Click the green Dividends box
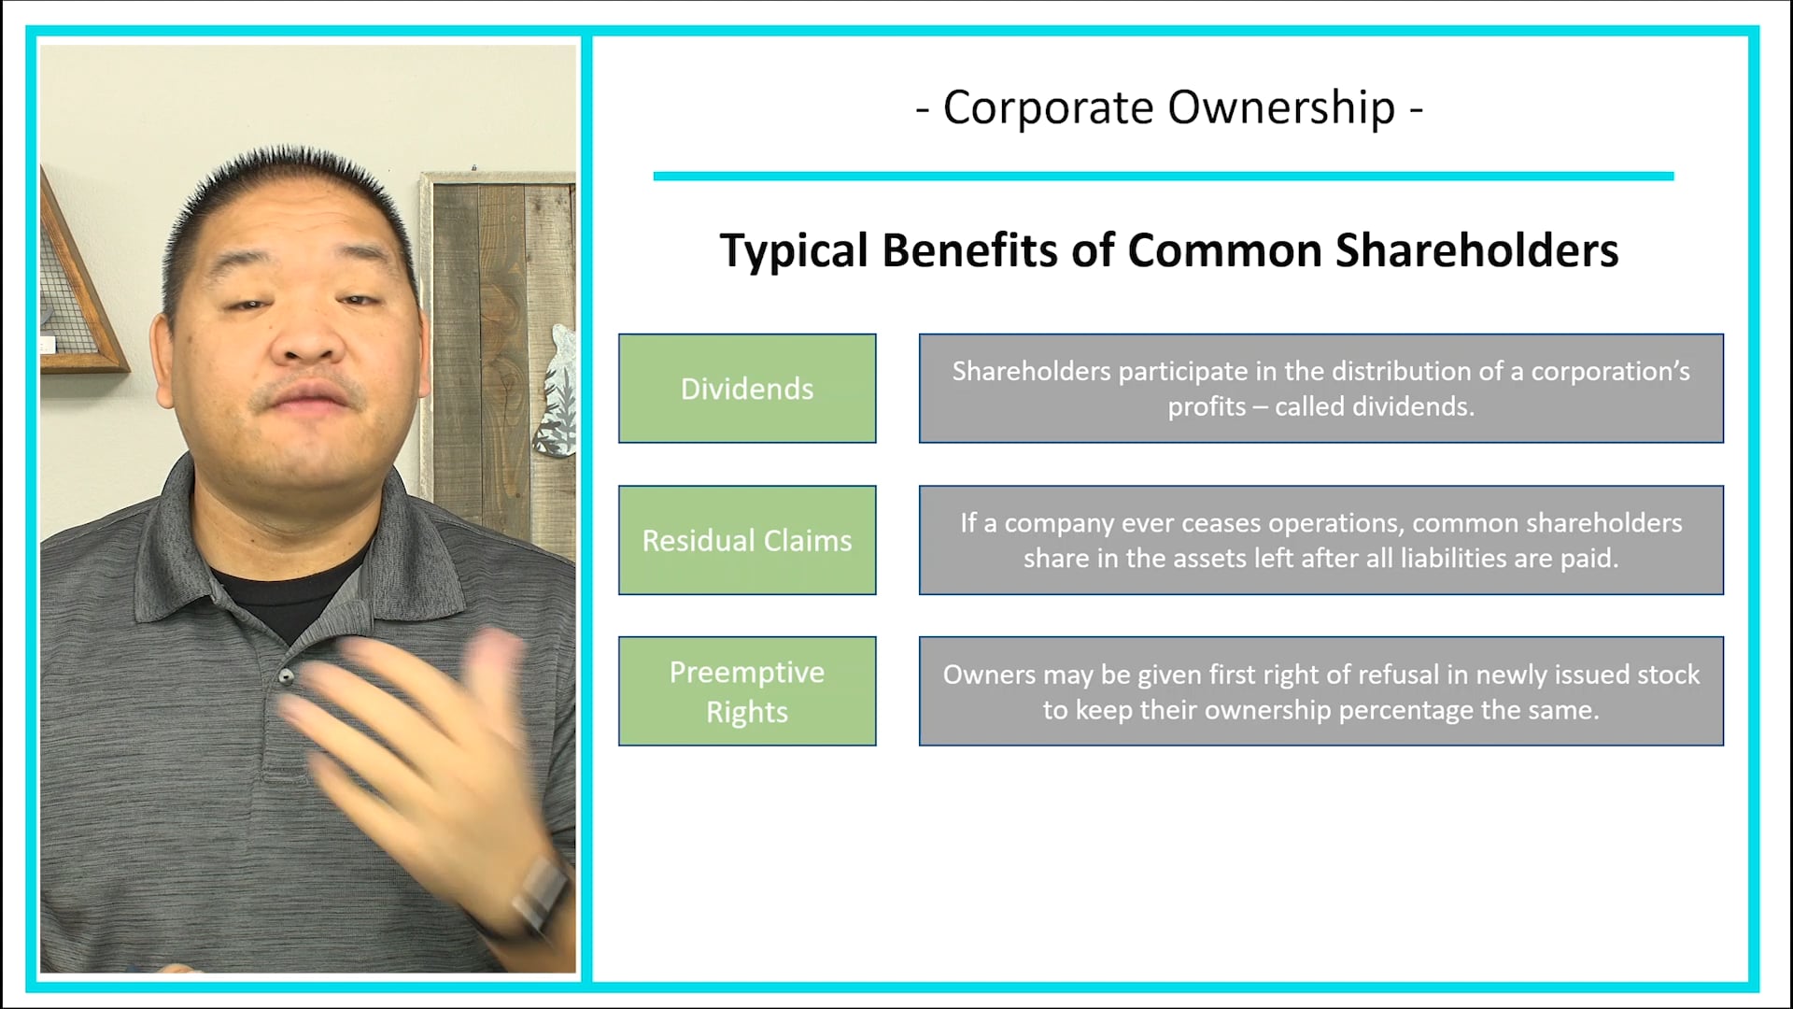(747, 389)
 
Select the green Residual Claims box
(747, 540)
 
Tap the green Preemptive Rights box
(747, 691)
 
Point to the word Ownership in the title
(1281, 108)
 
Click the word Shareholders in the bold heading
(1476, 250)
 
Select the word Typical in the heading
(794, 250)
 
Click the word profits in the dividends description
(1207, 407)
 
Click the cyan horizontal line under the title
(1163, 176)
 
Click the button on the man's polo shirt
(287, 675)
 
